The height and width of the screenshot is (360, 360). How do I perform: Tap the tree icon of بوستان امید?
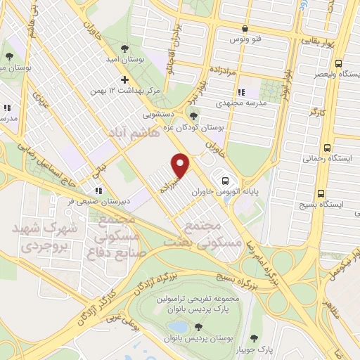point(124,49)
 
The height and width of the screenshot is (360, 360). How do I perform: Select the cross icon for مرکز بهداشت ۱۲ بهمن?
point(124,79)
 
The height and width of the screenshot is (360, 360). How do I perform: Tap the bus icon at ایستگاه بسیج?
point(321,193)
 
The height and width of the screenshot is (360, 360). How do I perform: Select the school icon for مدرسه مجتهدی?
point(241,92)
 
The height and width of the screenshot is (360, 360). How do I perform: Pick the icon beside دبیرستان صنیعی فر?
point(99,189)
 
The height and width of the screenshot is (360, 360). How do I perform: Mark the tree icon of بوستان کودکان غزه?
point(194,117)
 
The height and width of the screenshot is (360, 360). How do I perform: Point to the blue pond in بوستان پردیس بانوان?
point(179,328)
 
